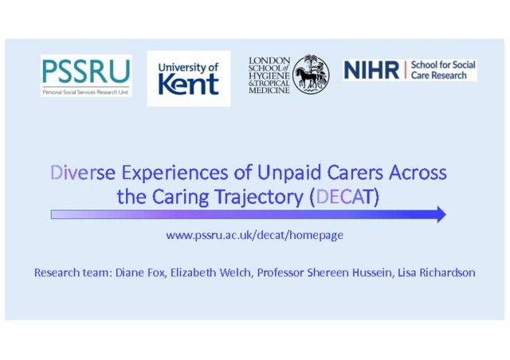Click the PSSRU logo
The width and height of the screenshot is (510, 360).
pos(86,76)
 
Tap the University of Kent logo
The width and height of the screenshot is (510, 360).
pos(189,79)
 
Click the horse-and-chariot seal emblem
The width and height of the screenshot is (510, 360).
pos(311,75)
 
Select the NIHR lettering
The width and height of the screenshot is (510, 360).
pos(371,70)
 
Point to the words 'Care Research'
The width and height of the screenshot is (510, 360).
pos(439,76)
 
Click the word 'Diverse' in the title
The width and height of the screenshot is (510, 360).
pos(83,172)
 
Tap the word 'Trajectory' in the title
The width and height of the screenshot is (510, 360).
pos(259,198)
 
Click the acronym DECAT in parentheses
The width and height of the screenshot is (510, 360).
pos(344,197)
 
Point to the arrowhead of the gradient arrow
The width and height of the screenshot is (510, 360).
pos(441,214)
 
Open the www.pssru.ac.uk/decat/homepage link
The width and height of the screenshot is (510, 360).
pos(255,235)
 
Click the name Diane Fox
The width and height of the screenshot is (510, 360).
pos(140,272)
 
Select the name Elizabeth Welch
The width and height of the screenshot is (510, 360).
pos(210,272)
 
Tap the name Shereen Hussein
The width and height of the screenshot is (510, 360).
pos(349,272)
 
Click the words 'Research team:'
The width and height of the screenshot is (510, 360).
pos(73,272)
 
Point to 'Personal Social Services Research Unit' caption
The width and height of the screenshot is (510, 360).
pos(85,92)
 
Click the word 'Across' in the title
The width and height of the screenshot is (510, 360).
pos(418,172)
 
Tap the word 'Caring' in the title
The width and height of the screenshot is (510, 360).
pos(181,198)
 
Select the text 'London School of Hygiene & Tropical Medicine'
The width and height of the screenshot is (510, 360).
pos(269,76)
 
